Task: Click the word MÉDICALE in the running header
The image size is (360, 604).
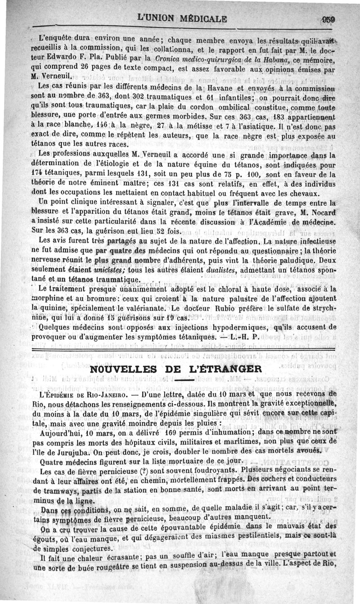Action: coord(198,19)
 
